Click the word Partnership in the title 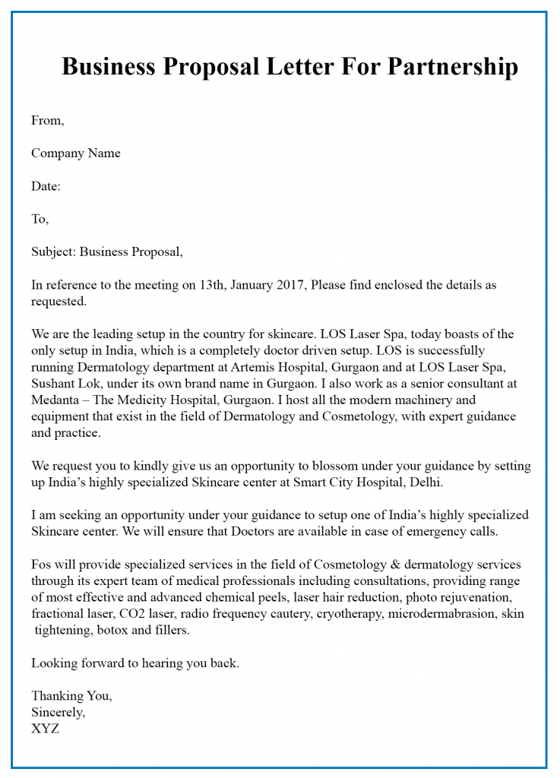coord(453,67)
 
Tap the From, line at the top coord(48,120)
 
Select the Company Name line coord(75,153)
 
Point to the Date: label coord(46,186)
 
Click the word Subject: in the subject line coord(53,252)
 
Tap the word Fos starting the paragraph coord(42,565)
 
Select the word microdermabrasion coord(441,614)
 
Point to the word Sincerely coord(58,713)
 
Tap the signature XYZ coord(45,729)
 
